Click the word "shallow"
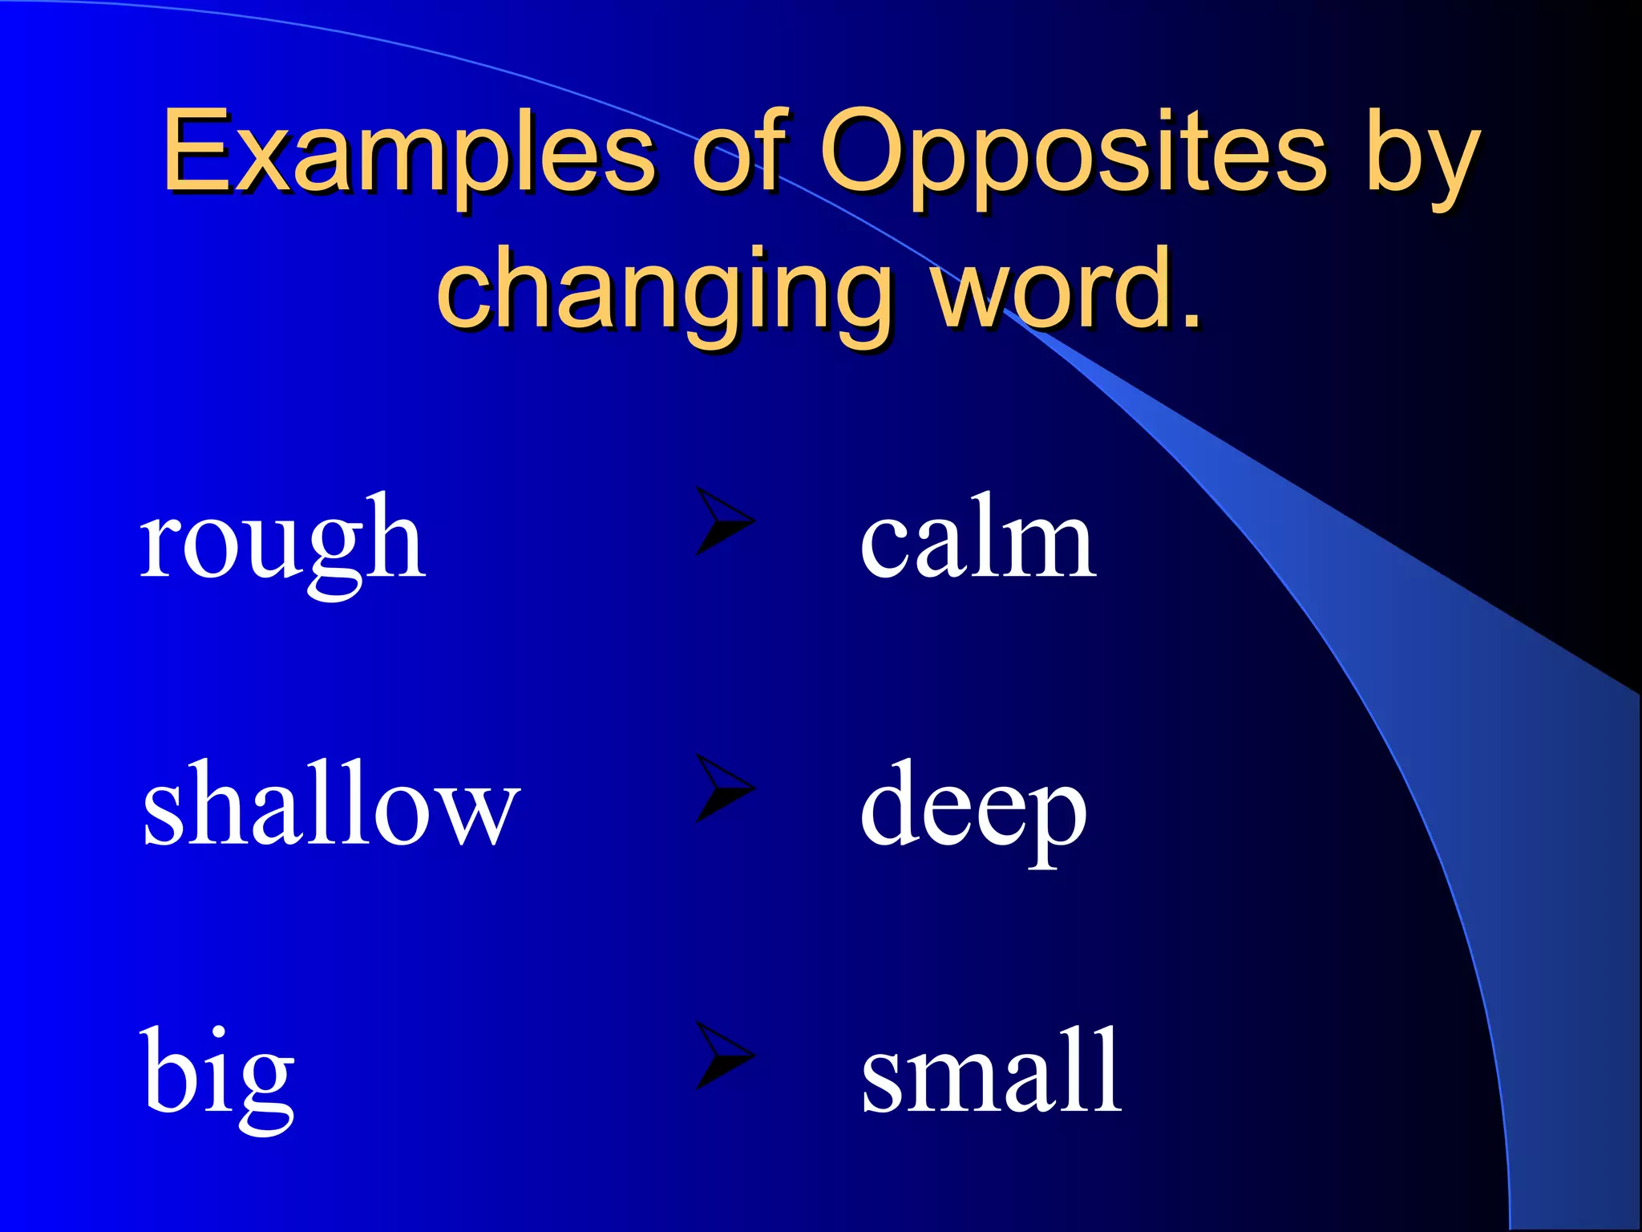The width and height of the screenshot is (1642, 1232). tap(330, 806)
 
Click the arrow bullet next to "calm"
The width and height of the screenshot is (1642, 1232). tap(722, 521)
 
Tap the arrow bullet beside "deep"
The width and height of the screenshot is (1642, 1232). tap(722, 788)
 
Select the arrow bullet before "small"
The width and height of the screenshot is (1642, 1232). tap(722, 1056)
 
